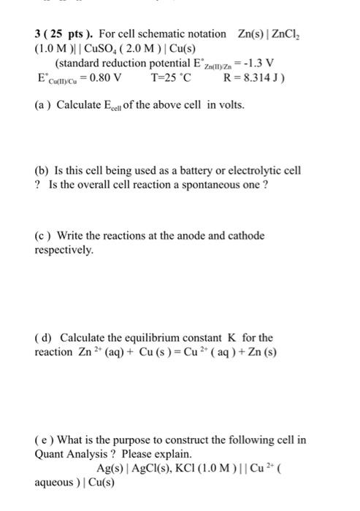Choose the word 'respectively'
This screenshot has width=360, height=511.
pos(64,249)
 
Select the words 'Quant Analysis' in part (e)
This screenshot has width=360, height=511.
pos(69,453)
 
